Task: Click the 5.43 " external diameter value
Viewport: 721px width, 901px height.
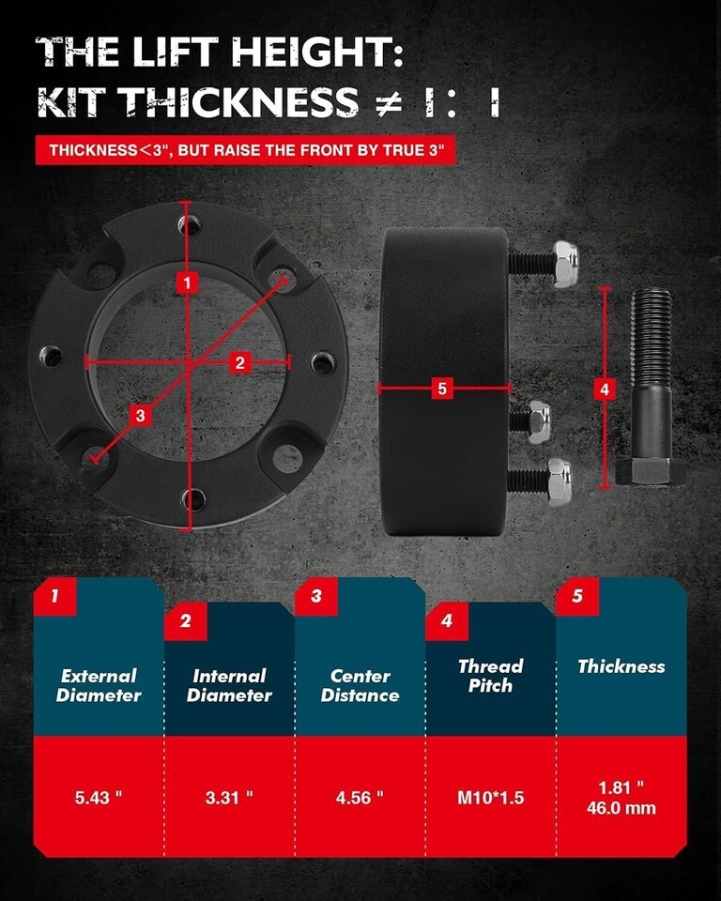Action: click(99, 798)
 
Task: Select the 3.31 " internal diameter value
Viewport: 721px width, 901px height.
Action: click(229, 798)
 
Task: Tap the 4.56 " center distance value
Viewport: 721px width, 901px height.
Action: click(360, 798)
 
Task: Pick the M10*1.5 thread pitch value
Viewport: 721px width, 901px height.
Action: click(490, 798)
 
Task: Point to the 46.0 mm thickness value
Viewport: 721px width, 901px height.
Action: click(621, 808)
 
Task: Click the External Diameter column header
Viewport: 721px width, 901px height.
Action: click(99, 685)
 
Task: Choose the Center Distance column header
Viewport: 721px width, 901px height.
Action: click(360, 685)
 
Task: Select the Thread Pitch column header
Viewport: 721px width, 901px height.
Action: click(490, 676)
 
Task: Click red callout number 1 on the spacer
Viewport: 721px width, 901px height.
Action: click(187, 283)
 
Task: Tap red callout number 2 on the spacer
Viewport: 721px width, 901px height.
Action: click(239, 362)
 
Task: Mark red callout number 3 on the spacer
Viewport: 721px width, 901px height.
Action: click(140, 415)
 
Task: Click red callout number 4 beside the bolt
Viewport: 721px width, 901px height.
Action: click(605, 389)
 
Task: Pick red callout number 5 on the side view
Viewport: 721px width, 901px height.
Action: click(441, 389)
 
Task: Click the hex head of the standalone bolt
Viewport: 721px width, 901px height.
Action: click(651, 472)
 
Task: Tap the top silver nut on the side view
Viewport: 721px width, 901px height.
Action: click(565, 264)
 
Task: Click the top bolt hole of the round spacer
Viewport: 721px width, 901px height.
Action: click(189, 223)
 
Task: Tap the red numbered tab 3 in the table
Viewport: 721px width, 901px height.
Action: click(315, 596)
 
